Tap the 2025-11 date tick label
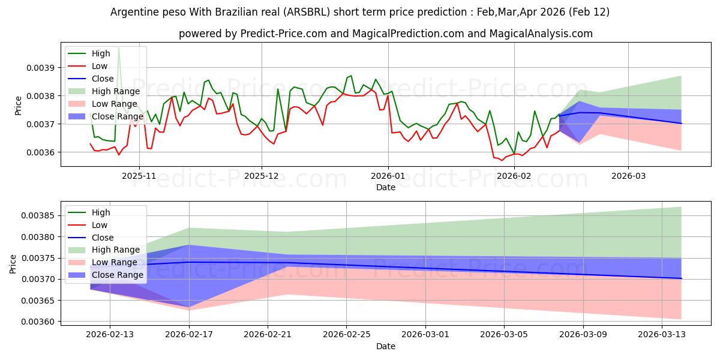pyautogui.click(x=139, y=176)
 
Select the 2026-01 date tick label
pyautogui.click(x=388, y=176)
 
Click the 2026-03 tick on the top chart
pyautogui.click(x=628, y=176)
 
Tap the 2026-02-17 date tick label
pyautogui.click(x=190, y=335)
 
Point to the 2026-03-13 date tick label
pyautogui.click(x=663, y=335)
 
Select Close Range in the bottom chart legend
pyautogui.click(x=117, y=275)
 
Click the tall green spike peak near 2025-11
pyautogui.click(x=119, y=47)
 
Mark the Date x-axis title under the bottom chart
pyautogui.click(x=385, y=346)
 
